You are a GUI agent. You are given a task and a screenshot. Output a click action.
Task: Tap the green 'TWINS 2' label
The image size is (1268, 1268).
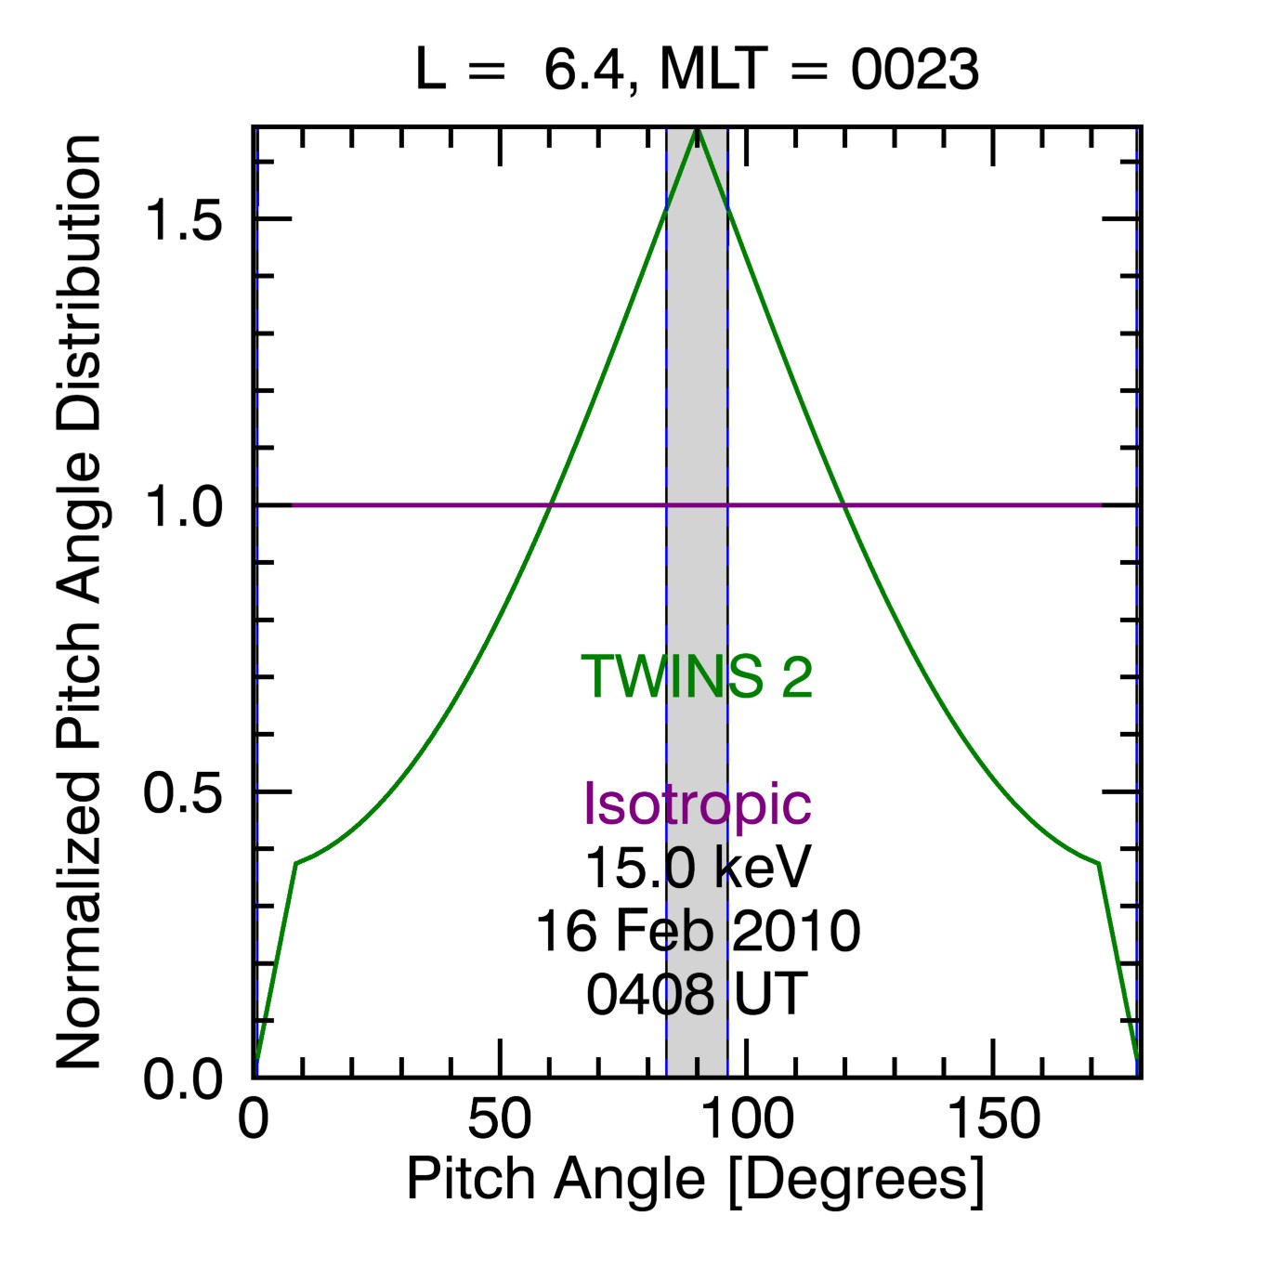(x=697, y=676)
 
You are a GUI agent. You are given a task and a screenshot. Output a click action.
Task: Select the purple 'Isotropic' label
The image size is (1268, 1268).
(x=697, y=804)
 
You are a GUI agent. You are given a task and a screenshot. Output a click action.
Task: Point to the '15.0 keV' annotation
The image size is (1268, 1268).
(x=697, y=868)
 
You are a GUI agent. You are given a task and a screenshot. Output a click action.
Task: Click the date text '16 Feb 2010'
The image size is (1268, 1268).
(x=697, y=931)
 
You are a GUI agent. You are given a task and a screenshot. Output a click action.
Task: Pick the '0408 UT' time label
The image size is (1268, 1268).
(x=697, y=994)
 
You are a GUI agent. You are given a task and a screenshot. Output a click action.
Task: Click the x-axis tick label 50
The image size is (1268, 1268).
(x=500, y=1119)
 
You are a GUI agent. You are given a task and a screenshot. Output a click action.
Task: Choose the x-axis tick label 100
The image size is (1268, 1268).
(x=747, y=1119)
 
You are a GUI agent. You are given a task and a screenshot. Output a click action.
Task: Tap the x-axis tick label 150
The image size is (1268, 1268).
(x=993, y=1119)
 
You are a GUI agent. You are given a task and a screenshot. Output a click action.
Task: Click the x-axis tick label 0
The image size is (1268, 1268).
(x=253, y=1119)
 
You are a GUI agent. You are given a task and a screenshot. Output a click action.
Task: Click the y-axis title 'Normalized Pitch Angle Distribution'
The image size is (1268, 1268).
(x=79, y=602)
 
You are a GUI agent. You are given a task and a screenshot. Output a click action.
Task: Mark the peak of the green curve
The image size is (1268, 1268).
(x=697, y=130)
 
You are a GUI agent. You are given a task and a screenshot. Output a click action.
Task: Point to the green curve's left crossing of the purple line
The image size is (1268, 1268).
(x=550, y=505)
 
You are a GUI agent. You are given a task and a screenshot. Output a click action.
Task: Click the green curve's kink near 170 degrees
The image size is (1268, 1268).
(x=1099, y=863)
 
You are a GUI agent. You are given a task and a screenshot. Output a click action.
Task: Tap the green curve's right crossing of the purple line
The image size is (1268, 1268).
(x=843, y=505)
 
